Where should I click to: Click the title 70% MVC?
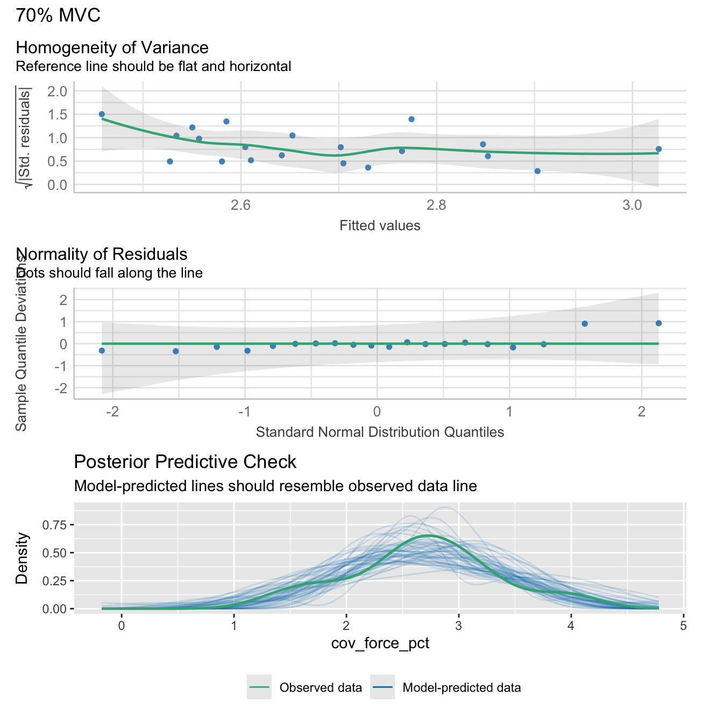pyautogui.click(x=58, y=15)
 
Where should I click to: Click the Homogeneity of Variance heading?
pyautogui.click(x=112, y=47)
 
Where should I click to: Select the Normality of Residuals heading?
pyautogui.click(x=102, y=254)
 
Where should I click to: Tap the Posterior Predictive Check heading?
pyautogui.click(x=185, y=462)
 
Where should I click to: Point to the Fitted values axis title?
pyautogui.click(x=380, y=225)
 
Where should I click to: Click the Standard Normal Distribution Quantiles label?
pyautogui.click(x=380, y=432)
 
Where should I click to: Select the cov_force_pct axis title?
pyautogui.click(x=380, y=643)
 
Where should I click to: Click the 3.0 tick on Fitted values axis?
pyautogui.click(x=632, y=205)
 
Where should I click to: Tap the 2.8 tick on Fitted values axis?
pyautogui.click(x=436, y=205)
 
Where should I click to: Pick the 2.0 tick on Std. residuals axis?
pyautogui.click(x=57, y=91)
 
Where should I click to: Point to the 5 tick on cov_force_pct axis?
pyautogui.click(x=683, y=626)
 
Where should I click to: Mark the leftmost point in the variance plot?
pyautogui.click(x=102, y=114)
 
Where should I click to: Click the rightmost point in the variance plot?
pyautogui.click(x=658, y=149)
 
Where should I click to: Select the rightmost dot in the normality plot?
pyautogui.click(x=658, y=323)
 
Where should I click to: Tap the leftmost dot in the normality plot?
pyautogui.click(x=102, y=351)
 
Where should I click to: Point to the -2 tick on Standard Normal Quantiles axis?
pyautogui.click(x=113, y=412)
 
